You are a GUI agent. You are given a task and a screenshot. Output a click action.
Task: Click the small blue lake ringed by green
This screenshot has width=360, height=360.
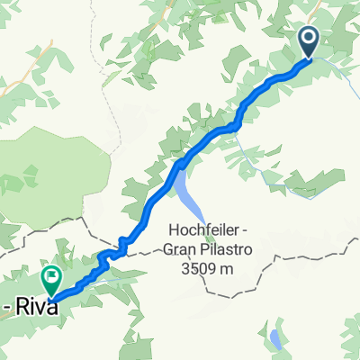click(x=273, y=338)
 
